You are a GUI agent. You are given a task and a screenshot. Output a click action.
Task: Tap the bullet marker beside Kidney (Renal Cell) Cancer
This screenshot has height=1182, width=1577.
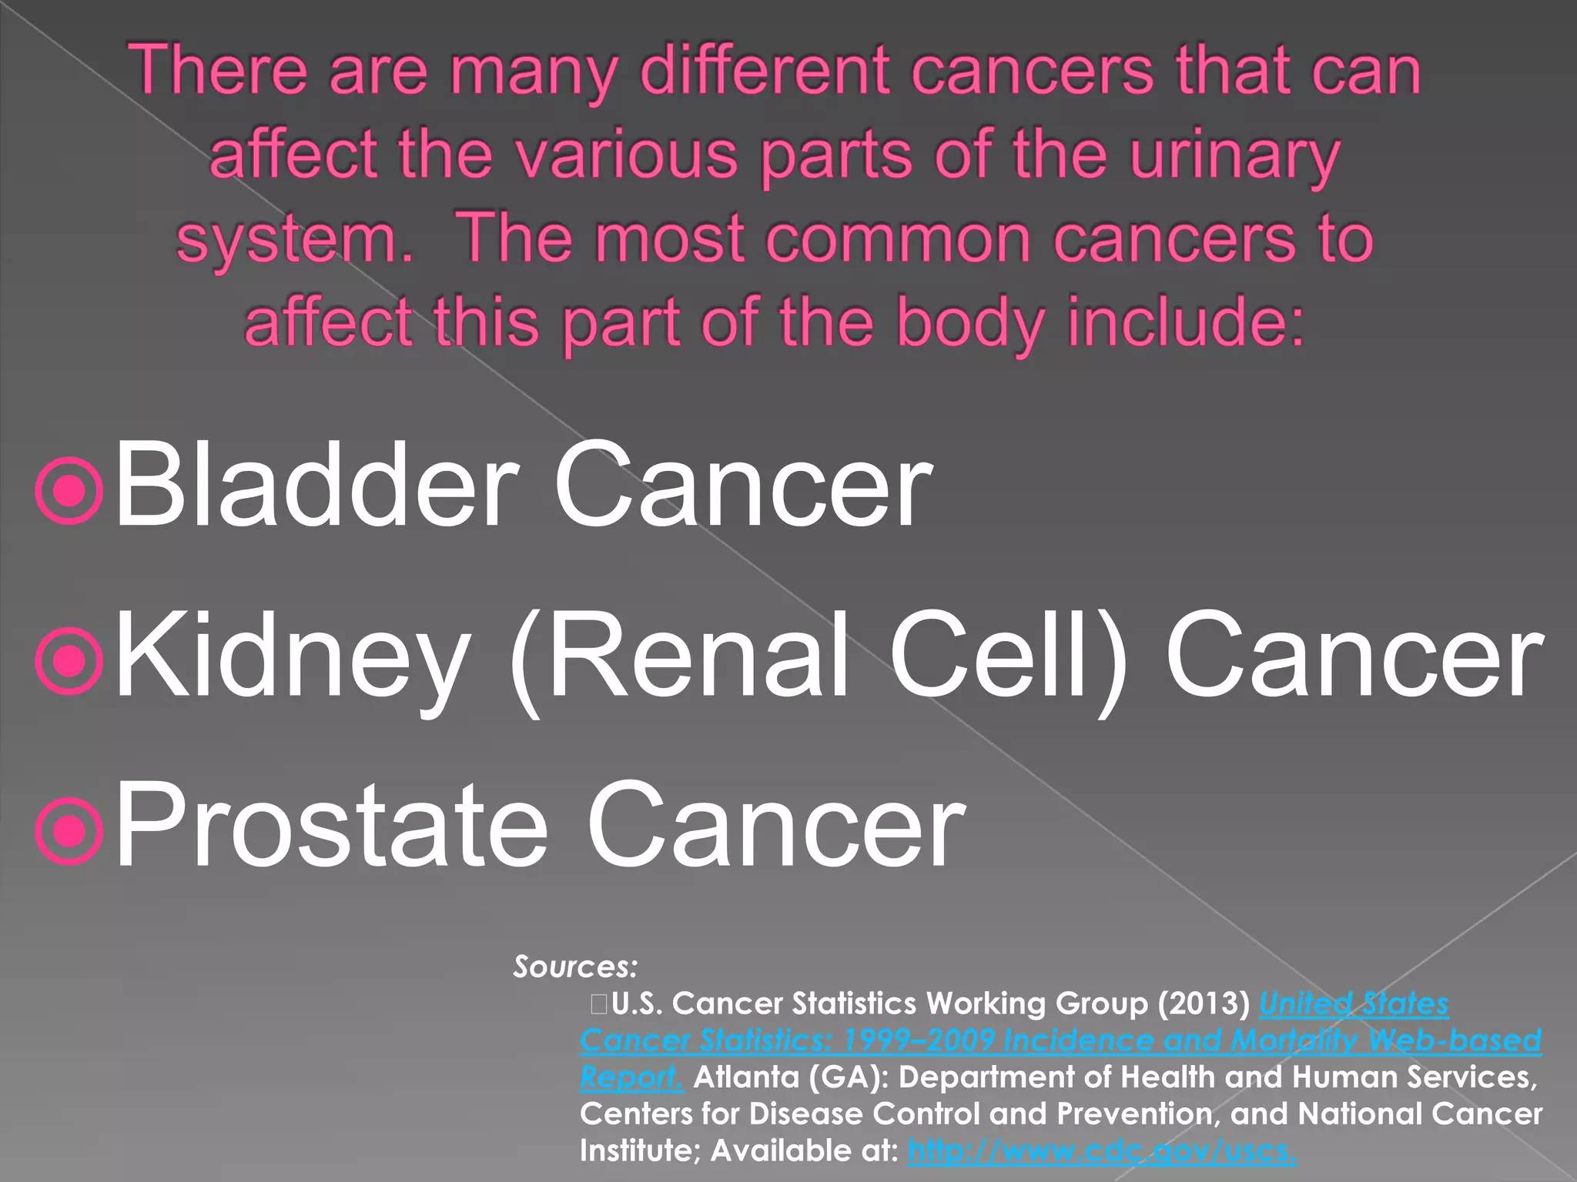[x=69, y=662]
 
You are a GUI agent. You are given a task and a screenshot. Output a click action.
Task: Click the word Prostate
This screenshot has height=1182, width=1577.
[x=331, y=825]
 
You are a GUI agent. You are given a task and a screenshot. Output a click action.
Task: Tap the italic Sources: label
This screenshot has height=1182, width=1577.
[x=575, y=967]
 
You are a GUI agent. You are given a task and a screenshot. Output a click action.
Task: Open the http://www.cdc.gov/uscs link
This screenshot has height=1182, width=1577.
[x=1102, y=1151]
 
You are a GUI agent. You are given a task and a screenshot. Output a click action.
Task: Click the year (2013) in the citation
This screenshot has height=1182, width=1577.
[x=1204, y=1003]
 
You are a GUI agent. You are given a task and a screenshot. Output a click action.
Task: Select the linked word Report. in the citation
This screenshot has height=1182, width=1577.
[x=631, y=1077]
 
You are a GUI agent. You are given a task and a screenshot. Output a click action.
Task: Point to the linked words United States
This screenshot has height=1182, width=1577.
[x=1354, y=1003]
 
